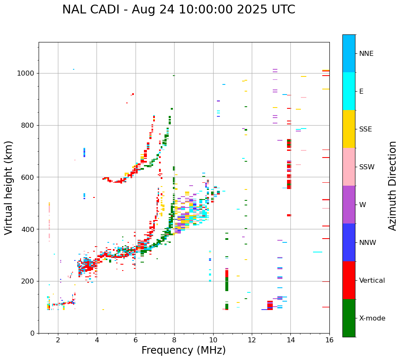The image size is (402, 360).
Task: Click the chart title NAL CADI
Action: [x=178, y=10]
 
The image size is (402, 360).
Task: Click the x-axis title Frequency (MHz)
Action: [x=183, y=350]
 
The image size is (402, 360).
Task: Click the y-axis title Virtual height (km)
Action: [x=9, y=187]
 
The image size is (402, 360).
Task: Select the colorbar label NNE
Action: [x=366, y=54]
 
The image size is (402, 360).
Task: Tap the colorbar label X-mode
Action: [x=372, y=318]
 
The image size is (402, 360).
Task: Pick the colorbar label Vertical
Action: [x=372, y=281]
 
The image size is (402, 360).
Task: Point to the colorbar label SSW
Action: [x=367, y=167]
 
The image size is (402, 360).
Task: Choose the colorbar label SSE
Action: [x=365, y=129]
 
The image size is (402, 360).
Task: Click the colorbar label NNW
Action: [x=368, y=243]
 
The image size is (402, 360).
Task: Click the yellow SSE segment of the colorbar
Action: [x=349, y=129]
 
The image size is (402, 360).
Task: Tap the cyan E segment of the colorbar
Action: [x=349, y=91]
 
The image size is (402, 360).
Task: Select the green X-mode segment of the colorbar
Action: [x=349, y=318]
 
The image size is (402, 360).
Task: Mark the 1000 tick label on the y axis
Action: [x=26, y=74]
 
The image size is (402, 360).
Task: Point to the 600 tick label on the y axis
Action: [x=28, y=177]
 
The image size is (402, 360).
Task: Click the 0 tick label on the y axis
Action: [x=32, y=333]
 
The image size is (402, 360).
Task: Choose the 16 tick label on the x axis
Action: [x=329, y=340]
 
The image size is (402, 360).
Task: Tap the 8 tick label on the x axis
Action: [x=174, y=340]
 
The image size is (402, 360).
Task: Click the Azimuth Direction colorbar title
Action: [x=392, y=186]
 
